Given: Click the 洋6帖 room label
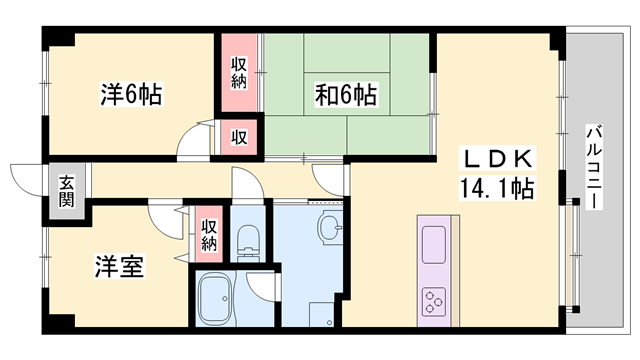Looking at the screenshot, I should [x=130, y=95].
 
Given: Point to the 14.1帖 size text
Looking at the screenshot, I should [x=496, y=187].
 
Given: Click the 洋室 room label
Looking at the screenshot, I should [x=119, y=267].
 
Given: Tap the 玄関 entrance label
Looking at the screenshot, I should [x=66, y=190].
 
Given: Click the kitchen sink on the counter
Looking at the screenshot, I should [x=434, y=243].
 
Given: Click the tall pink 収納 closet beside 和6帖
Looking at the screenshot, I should [x=239, y=72].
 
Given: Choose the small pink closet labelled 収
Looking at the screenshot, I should [x=241, y=136].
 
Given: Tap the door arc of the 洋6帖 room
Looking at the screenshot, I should [x=192, y=145].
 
